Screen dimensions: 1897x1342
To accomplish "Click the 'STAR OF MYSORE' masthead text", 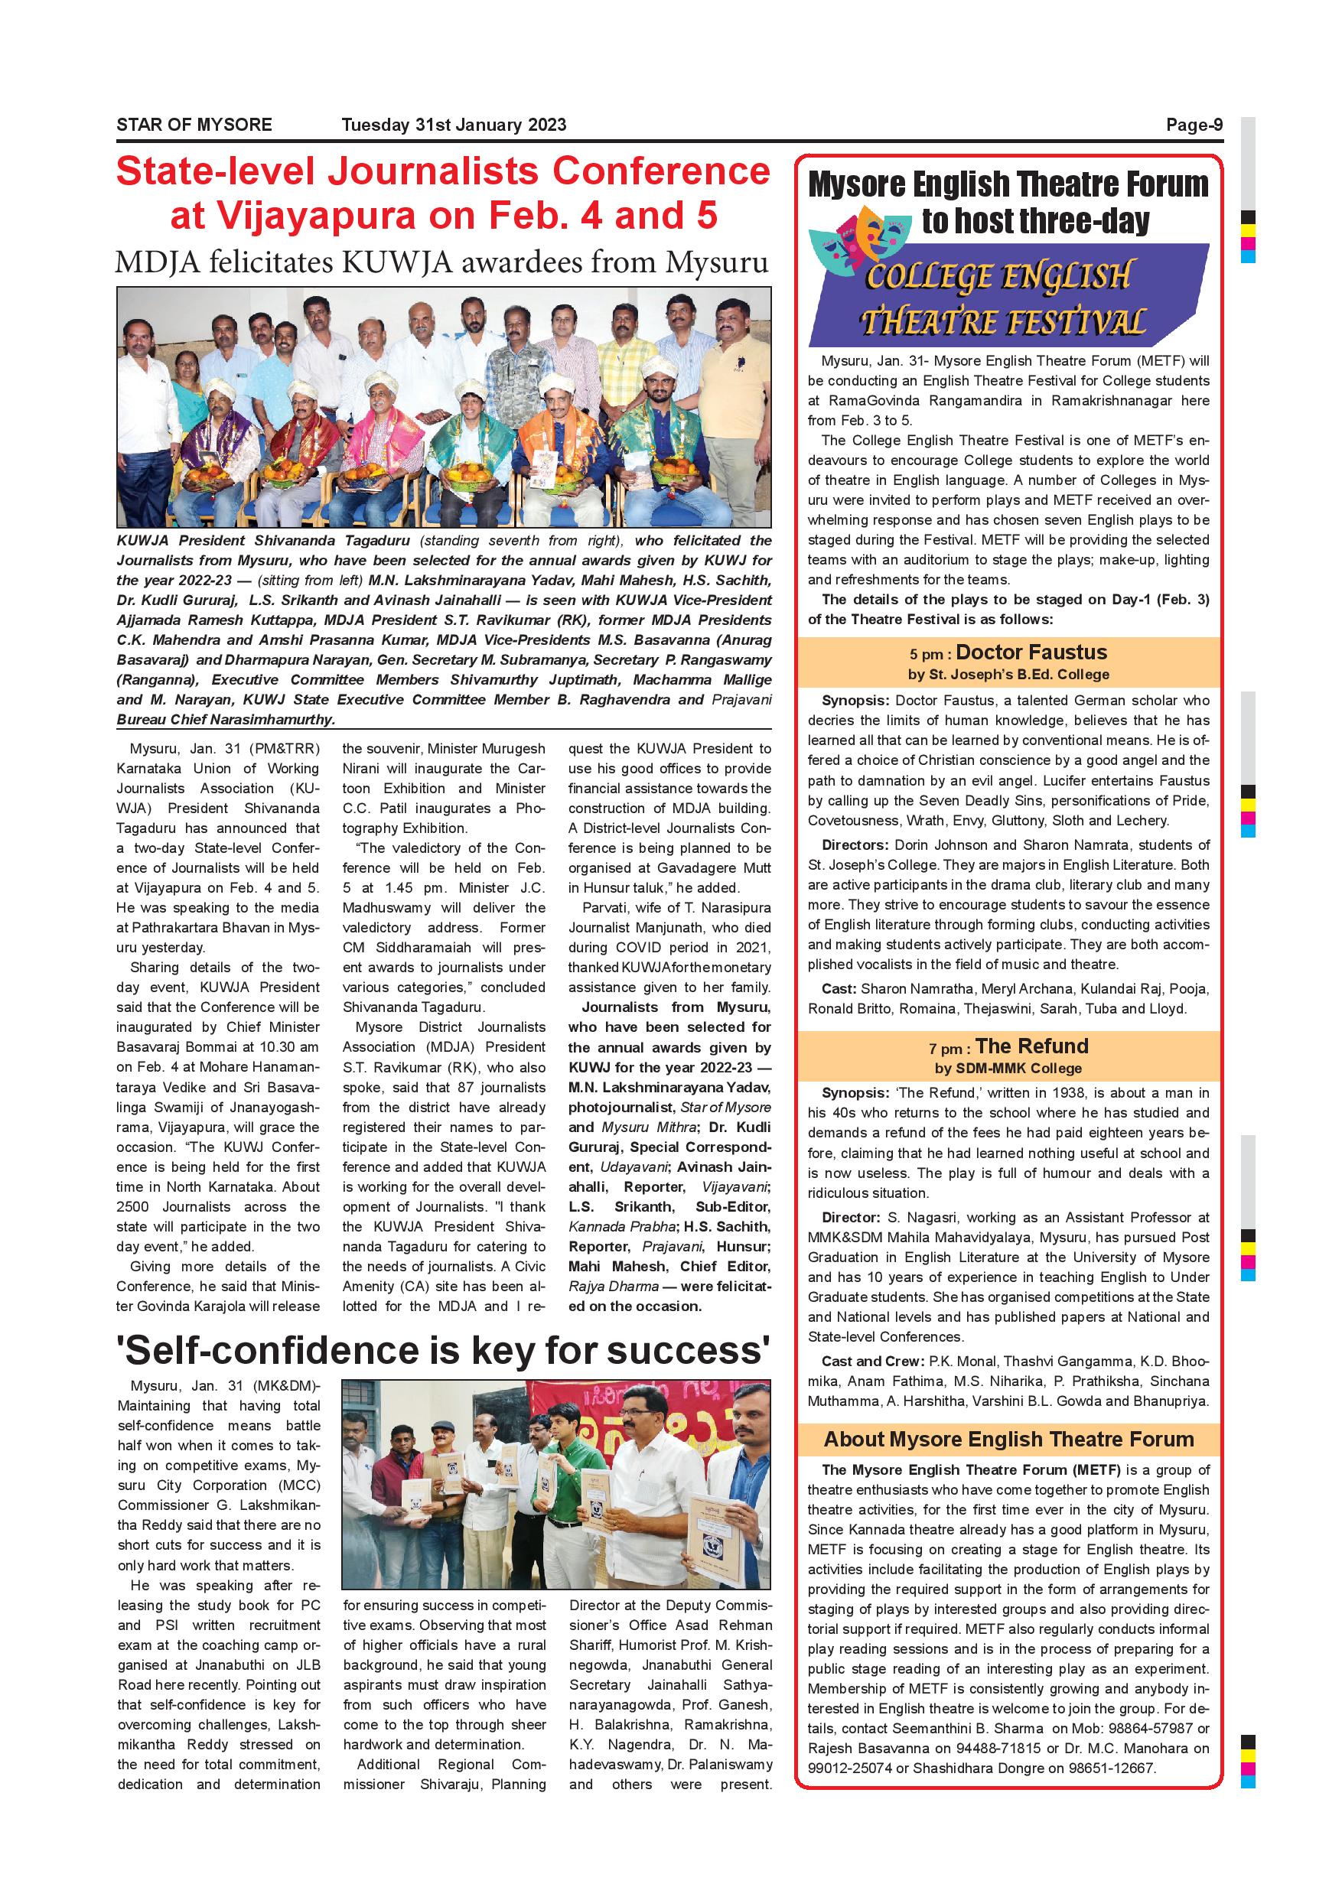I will point(194,125).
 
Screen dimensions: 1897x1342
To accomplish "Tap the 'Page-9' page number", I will point(1194,125).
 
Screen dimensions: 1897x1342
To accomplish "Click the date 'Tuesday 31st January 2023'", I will point(454,125).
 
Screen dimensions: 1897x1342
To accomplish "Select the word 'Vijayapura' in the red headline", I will point(293,216).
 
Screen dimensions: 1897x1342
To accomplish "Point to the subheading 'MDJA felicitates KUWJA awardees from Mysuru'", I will point(442,262).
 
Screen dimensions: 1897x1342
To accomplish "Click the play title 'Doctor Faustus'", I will point(1031,652).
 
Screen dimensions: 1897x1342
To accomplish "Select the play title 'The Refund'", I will point(1031,1047).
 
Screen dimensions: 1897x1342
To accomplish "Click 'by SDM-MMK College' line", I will point(1008,1069).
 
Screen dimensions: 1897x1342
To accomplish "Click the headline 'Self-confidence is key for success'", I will point(443,1351).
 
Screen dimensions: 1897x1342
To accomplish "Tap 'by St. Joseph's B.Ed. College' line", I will point(1008,674).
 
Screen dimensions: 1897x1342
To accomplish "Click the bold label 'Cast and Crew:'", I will point(871,1362).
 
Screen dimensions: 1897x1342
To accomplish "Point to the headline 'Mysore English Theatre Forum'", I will point(1008,184).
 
